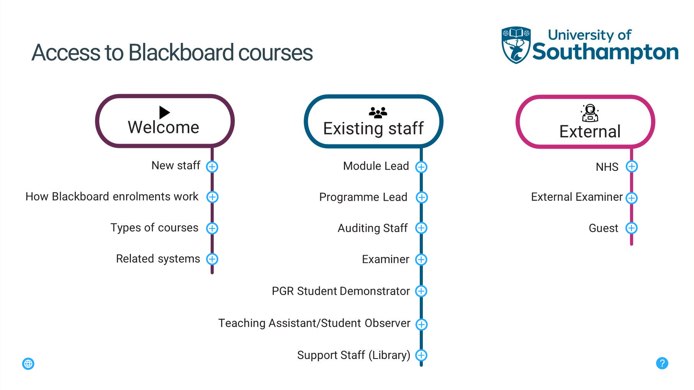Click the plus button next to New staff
(212, 167)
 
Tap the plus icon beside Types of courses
(212, 228)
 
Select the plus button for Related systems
(212, 259)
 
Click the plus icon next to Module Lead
(421, 167)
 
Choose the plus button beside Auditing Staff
(421, 228)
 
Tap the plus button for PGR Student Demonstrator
(421, 291)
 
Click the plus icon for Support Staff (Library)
(421, 355)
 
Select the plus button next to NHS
(632, 166)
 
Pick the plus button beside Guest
(631, 228)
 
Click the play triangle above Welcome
(164, 112)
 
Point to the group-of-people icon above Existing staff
(378, 112)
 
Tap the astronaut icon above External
(590, 113)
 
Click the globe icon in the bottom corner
(28, 364)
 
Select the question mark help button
(662, 363)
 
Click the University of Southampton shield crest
(516, 45)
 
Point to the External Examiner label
(576, 197)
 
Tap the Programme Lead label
(363, 197)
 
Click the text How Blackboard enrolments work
(112, 197)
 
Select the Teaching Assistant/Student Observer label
(314, 323)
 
